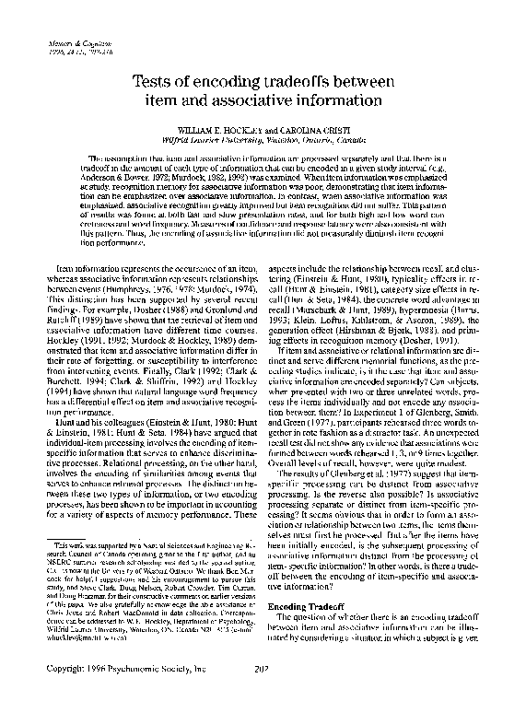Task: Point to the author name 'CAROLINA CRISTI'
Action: [x=317, y=131]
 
